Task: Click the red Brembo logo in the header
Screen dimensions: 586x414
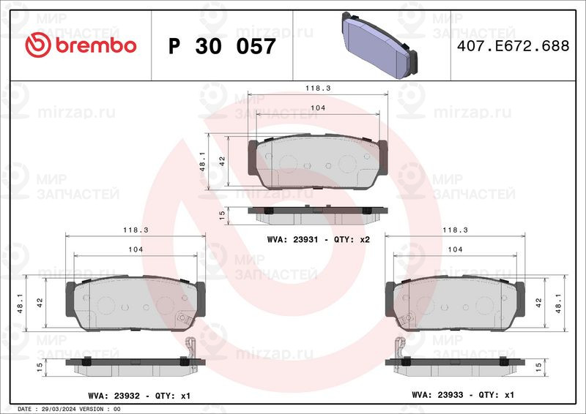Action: [81, 45]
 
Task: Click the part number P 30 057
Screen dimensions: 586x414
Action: [222, 46]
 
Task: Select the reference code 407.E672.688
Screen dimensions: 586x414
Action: [513, 46]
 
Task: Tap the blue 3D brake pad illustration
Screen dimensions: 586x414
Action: [379, 45]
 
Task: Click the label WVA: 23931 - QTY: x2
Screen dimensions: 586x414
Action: [318, 240]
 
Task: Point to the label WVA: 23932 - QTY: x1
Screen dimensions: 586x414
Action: [139, 396]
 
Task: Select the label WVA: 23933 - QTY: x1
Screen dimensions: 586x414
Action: [463, 395]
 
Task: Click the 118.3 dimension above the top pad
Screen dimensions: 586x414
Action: [318, 89]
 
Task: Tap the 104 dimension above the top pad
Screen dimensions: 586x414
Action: [318, 108]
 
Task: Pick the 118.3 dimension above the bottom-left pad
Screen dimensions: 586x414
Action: [136, 230]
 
